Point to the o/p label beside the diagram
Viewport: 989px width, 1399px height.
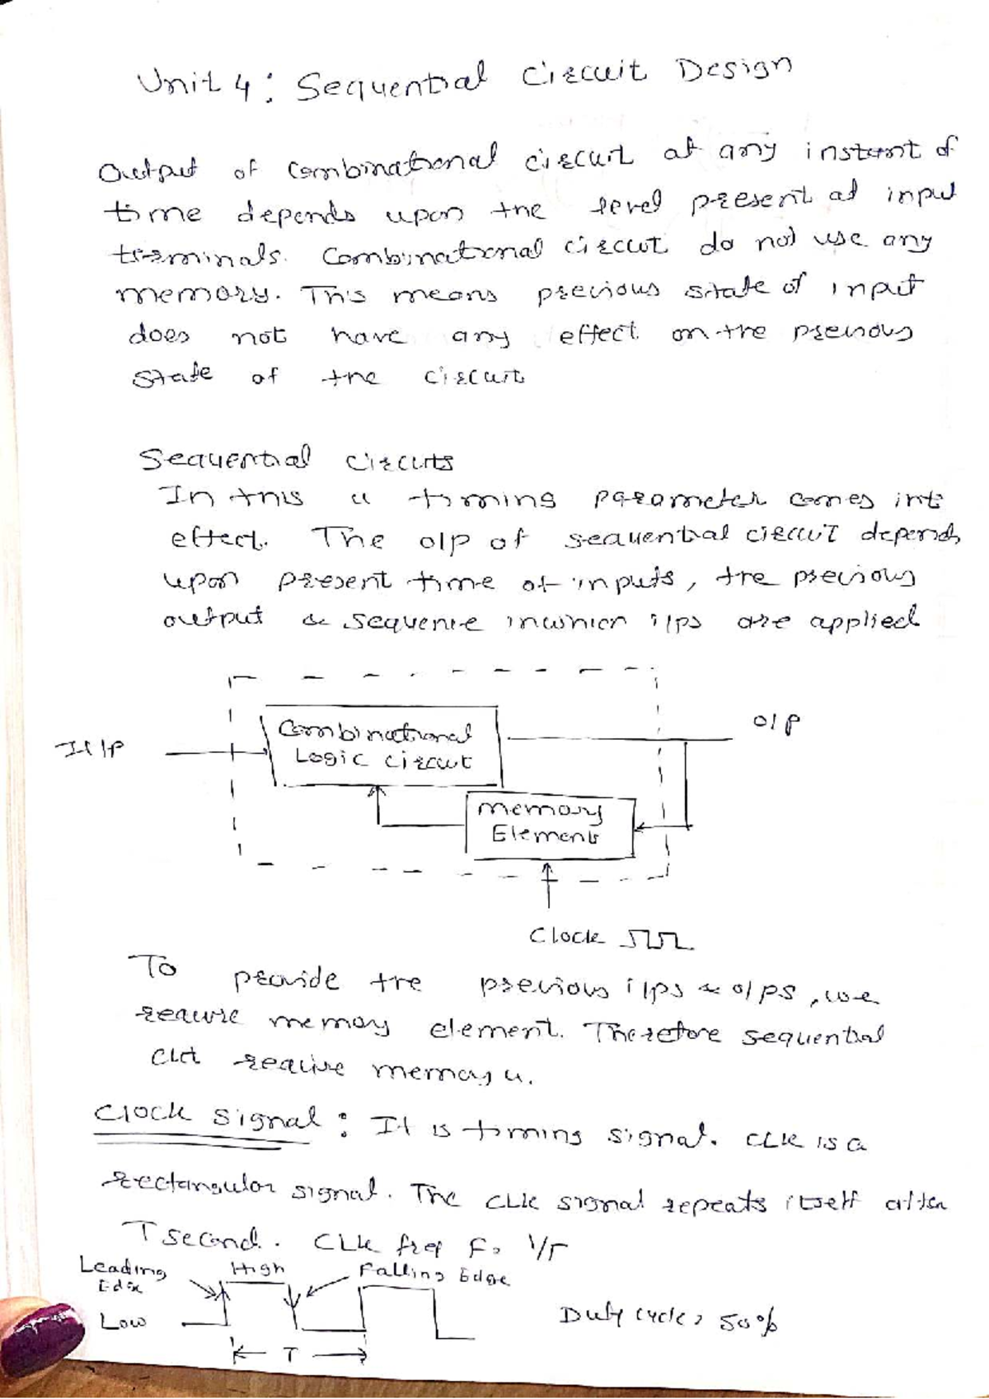pyautogui.click(x=776, y=723)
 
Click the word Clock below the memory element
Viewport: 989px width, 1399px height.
pyautogui.click(x=567, y=938)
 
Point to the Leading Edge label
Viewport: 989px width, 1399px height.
pyautogui.click(x=123, y=1272)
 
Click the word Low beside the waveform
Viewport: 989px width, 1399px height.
pyautogui.click(x=123, y=1322)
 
